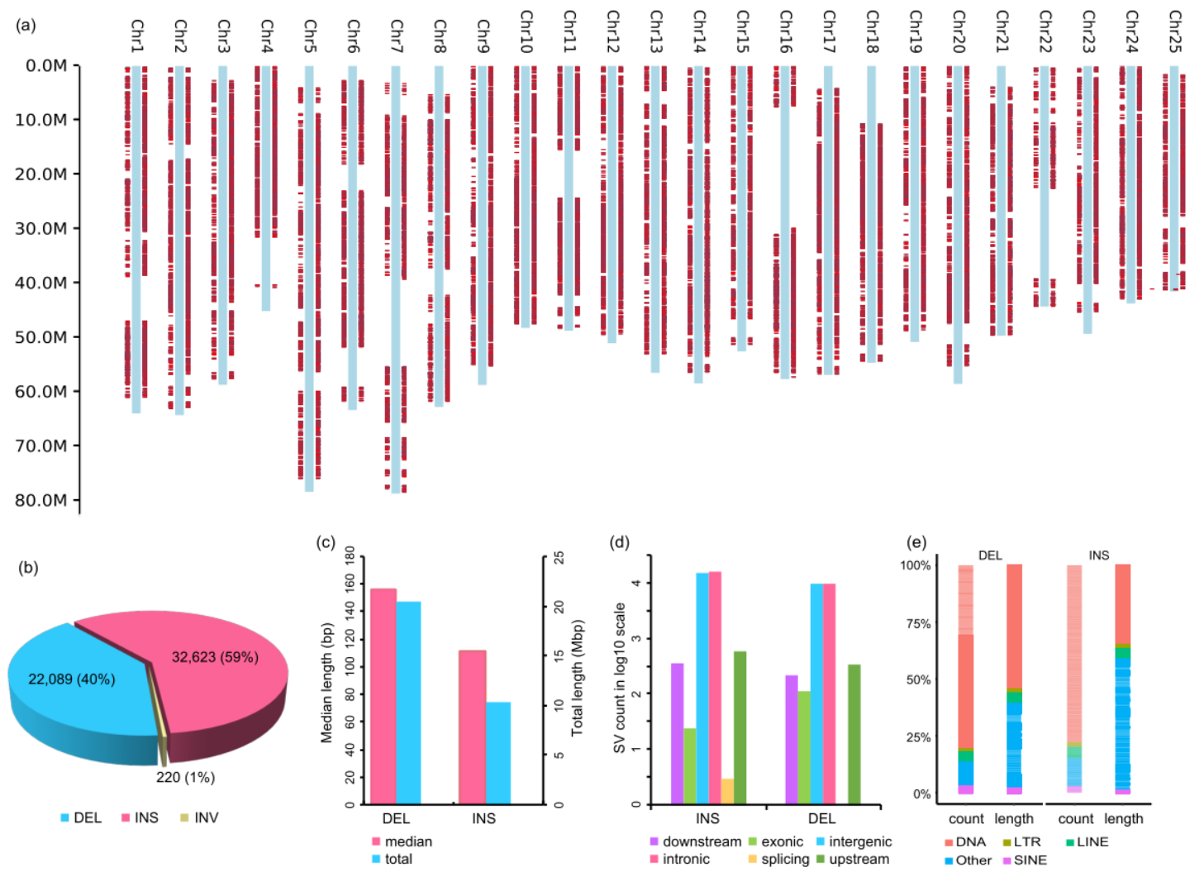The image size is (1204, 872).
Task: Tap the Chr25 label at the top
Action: click(x=1175, y=31)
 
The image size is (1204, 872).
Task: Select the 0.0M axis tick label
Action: click(x=46, y=65)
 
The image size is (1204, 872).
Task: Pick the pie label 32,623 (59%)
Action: click(x=215, y=657)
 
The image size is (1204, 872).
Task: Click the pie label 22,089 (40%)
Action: click(x=71, y=679)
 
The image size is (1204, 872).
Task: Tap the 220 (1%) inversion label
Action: click(x=185, y=777)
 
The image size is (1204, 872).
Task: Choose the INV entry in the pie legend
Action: click(x=199, y=817)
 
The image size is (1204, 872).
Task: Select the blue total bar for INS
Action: click(x=498, y=752)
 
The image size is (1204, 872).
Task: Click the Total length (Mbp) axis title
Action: click(x=577, y=678)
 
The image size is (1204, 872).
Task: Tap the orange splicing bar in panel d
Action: click(x=727, y=791)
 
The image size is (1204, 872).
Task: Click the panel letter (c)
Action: click(x=326, y=542)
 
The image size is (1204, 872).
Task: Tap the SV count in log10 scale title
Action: click(x=620, y=678)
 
